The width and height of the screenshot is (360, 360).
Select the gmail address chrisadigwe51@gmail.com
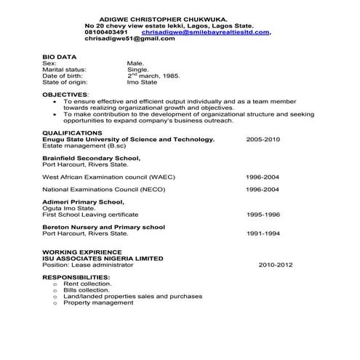(x=129, y=39)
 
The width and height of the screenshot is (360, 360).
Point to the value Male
(x=135, y=63)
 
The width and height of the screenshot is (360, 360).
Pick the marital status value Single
(x=138, y=69)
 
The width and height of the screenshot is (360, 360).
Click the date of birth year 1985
(x=169, y=76)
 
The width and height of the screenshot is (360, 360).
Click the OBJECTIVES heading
(x=65, y=95)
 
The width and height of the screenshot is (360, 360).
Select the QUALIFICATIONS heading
(x=72, y=132)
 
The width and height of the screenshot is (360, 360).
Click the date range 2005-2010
(x=263, y=139)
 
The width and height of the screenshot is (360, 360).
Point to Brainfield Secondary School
(x=91, y=157)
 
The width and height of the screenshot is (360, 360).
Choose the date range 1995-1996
(x=263, y=215)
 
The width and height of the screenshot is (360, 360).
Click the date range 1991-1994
(x=263, y=233)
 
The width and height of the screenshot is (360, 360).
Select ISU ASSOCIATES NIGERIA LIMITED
(x=103, y=258)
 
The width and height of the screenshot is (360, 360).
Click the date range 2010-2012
(x=276, y=265)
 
